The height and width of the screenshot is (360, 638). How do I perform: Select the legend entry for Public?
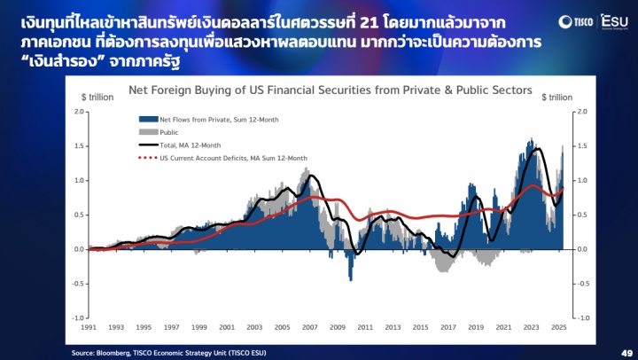click(x=159, y=132)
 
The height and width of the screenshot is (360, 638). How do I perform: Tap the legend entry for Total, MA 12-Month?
click(x=180, y=145)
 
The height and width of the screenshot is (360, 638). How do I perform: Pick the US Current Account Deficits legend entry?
click(x=223, y=158)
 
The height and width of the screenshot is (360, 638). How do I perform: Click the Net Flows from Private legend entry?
click(x=209, y=120)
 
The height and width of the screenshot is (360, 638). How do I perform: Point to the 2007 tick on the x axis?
click(x=309, y=327)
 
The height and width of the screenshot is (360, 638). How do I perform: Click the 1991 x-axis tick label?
click(x=89, y=327)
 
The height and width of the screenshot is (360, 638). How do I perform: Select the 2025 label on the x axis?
click(x=558, y=327)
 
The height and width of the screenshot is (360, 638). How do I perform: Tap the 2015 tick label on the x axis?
click(x=420, y=327)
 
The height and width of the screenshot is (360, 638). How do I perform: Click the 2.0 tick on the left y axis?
click(x=79, y=112)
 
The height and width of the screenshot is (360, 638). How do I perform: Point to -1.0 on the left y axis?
click(x=78, y=317)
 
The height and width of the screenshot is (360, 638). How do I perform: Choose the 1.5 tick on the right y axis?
click(x=583, y=145)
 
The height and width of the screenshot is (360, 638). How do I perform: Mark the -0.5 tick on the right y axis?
click(x=583, y=284)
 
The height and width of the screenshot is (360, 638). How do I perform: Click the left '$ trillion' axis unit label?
click(x=97, y=98)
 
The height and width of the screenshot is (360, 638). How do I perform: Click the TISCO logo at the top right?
click(x=576, y=21)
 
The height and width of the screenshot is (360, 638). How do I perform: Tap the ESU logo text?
click(x=615, y=21)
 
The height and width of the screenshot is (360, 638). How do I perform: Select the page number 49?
click(x=626, y=353)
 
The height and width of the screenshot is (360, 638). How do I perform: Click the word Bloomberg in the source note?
click(x=114, y=353)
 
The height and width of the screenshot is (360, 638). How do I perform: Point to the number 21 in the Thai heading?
click(x=370, y=23)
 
